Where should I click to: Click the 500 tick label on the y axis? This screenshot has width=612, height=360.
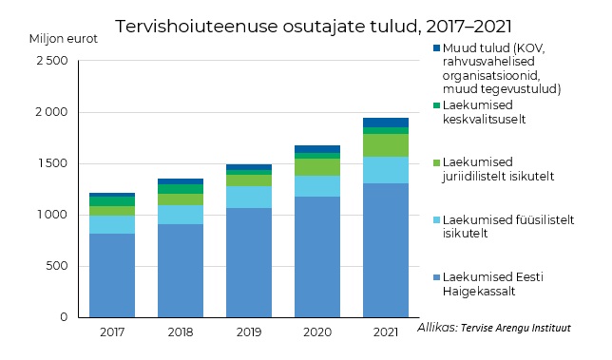point(56,266)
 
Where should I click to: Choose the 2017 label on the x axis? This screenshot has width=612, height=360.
point(111,332)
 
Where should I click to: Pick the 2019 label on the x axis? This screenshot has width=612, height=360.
point(248,332)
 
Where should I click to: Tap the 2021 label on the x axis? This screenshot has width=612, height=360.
point(385,332)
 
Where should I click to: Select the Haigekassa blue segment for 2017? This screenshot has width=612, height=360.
point(111,275)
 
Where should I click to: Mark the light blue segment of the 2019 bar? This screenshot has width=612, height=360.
point(248,197)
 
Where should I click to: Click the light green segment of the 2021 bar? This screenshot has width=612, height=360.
point(385,145)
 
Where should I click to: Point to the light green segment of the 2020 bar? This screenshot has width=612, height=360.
point(316,167)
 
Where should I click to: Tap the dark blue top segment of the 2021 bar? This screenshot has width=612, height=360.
point(385,123)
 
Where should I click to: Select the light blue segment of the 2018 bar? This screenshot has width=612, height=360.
point(180,215)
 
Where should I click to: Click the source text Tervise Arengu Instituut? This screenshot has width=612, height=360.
point(516,329)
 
